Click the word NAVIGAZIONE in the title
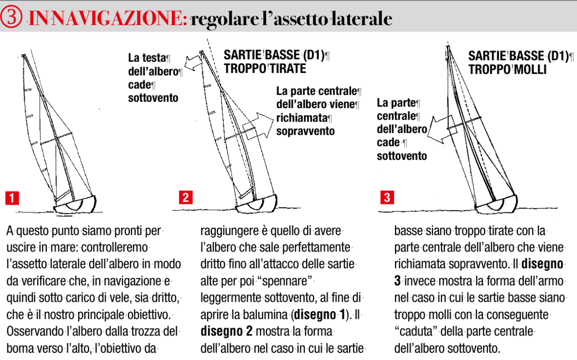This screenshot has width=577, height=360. point(118,18)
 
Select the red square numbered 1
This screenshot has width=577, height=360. point(12,198)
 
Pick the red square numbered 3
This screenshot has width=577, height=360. point(387,198)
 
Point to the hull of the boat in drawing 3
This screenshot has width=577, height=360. point(497,205)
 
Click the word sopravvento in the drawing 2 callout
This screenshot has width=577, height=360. point(305,131)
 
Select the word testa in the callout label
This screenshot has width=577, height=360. point(154,58)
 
